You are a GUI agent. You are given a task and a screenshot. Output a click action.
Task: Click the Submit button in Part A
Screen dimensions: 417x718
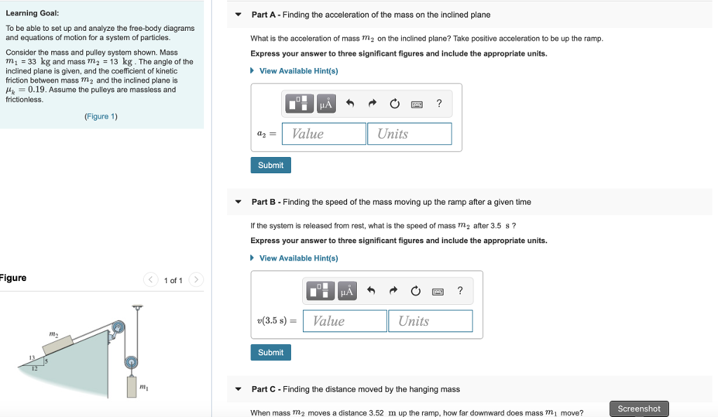(271, 165)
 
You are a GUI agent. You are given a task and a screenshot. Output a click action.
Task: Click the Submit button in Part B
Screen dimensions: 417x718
(271, 353)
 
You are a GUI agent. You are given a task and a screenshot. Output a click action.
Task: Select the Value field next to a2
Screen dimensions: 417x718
(324, 134)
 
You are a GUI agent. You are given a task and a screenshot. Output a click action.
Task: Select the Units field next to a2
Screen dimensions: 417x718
(409, 134)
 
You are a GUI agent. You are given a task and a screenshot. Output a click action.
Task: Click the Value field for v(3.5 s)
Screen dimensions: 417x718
(345, 321)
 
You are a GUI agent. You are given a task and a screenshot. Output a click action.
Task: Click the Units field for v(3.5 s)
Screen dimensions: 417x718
(431, 321)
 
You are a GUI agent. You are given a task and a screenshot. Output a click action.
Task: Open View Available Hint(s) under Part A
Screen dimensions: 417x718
(298, 71)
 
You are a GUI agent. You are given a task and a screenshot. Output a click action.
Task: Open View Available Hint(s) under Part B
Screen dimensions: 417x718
(298, 258)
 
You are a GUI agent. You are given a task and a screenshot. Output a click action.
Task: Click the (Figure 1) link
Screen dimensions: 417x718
(101, 116)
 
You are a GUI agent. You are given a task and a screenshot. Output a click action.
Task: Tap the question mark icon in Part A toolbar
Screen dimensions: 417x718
(439, 104)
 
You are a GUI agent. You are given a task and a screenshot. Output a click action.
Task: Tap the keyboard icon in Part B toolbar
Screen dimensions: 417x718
(438, 291)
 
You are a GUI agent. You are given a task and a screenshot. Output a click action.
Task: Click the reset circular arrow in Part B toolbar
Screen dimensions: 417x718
(416, 291)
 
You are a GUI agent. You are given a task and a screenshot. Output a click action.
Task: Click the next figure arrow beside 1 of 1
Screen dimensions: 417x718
(196, 280)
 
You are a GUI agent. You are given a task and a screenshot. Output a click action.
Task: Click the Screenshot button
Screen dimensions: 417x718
(639, 409)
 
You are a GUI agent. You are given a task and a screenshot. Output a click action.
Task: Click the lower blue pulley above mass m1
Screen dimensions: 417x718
(130, 362)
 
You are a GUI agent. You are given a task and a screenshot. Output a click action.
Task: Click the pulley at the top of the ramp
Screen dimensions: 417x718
(118, 327)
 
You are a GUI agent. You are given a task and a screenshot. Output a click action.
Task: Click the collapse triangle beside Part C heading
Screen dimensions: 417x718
(238, 389)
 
